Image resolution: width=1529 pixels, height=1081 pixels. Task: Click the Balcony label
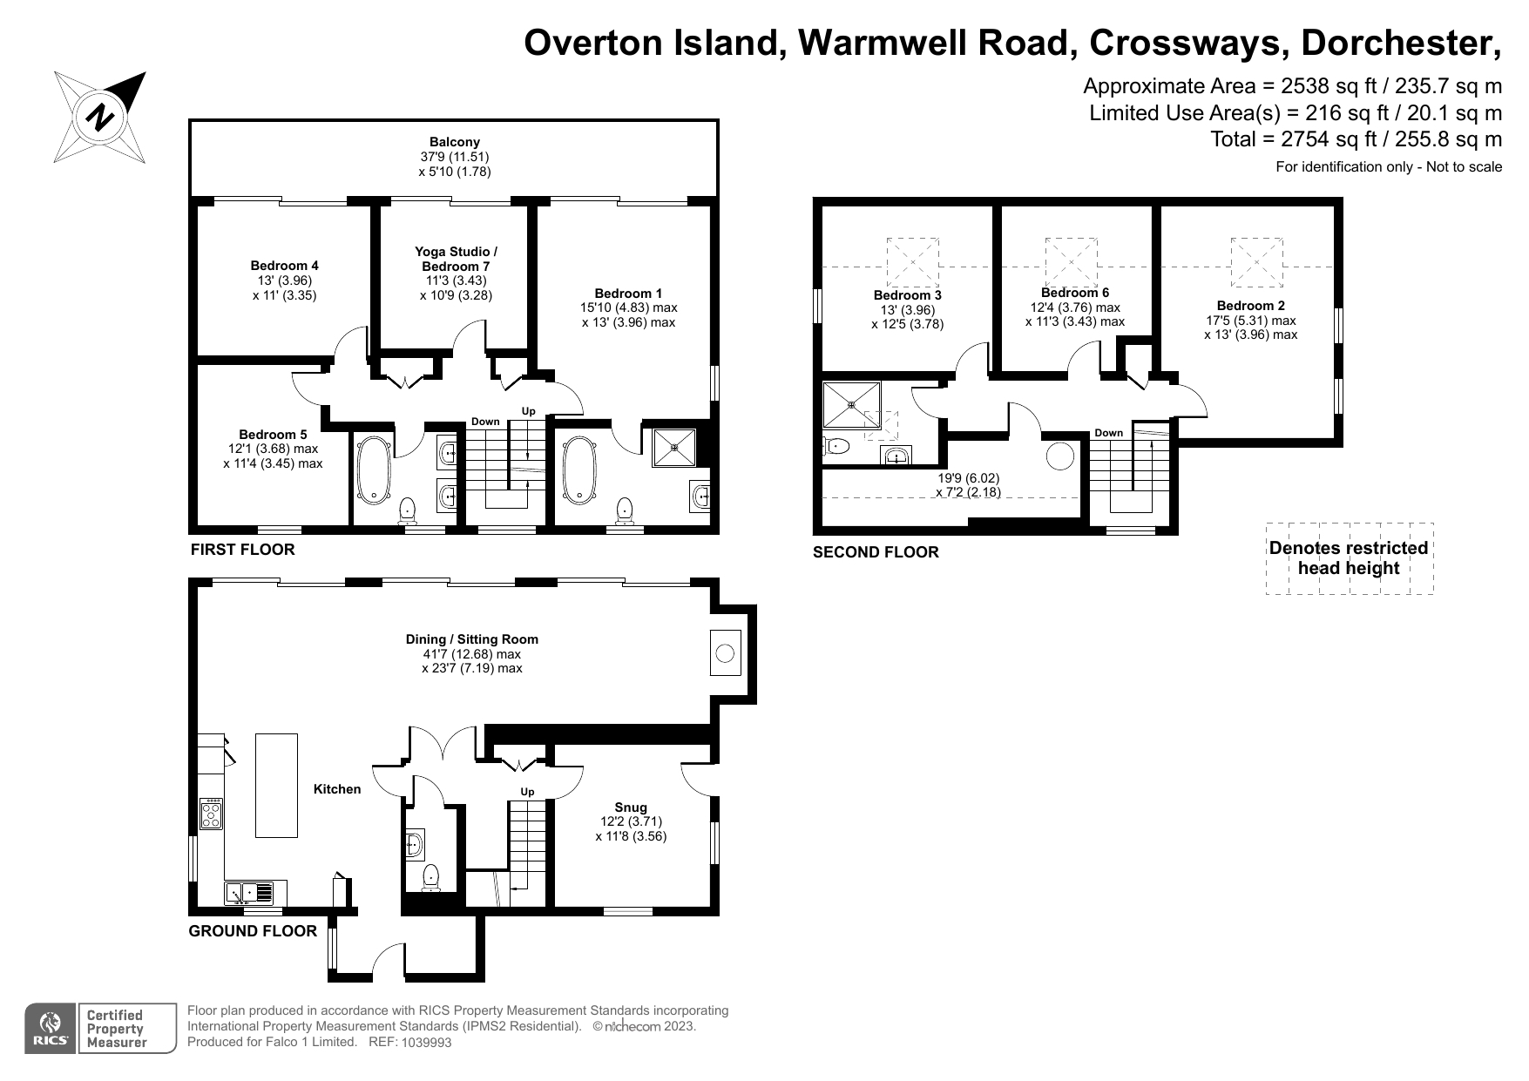click(x=455, y=142)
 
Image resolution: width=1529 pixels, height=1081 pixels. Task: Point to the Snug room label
click(x=631, y=807)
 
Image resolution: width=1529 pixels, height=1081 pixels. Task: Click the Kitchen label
click(x=337, y=789)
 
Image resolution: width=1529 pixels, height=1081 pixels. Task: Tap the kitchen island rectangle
click(x=276, y=786)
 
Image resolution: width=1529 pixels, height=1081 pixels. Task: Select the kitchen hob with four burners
click(x=212, y=814)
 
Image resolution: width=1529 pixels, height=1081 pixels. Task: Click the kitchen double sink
click(x=249, y=892)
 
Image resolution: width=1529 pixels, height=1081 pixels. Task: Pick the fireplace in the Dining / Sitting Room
click(x=725, y=652)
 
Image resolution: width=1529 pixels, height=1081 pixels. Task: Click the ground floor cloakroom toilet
click(x=430, y=877)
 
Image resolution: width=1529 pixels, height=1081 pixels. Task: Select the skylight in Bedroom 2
click(x=1256, y=261)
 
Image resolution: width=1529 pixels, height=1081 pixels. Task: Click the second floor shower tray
click(x=851, y=404)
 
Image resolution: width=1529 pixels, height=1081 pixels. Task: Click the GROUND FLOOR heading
click(x=253, y=931)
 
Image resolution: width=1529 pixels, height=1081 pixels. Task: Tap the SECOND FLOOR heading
click(x=876, y=552)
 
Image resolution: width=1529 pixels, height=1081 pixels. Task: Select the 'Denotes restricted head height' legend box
click(x=1349, y=558)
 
